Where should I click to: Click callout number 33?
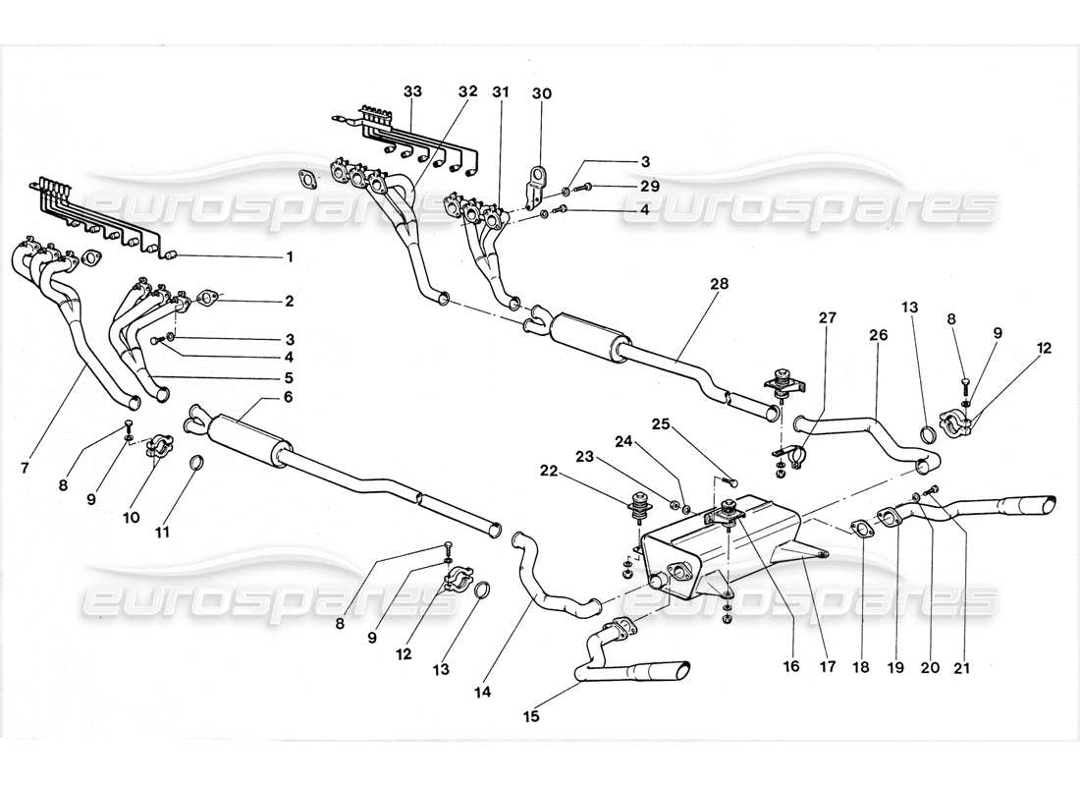[412, 91]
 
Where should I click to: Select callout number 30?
[542, 94]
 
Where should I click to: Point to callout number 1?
[290, 257]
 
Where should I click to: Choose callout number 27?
[829, 316]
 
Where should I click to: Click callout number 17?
[829, 666]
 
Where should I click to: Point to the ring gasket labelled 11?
[196, 463]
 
